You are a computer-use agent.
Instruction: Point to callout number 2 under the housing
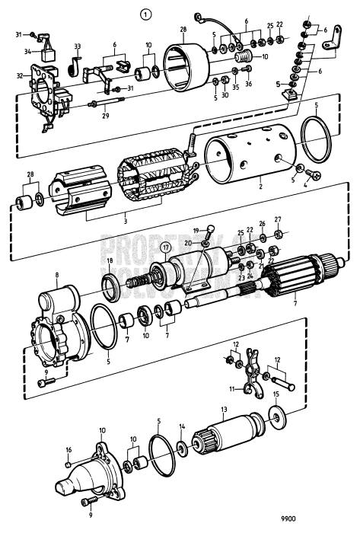point(261,185)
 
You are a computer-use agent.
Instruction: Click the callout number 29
point(105,117)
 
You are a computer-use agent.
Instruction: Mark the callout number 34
point(27,52)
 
